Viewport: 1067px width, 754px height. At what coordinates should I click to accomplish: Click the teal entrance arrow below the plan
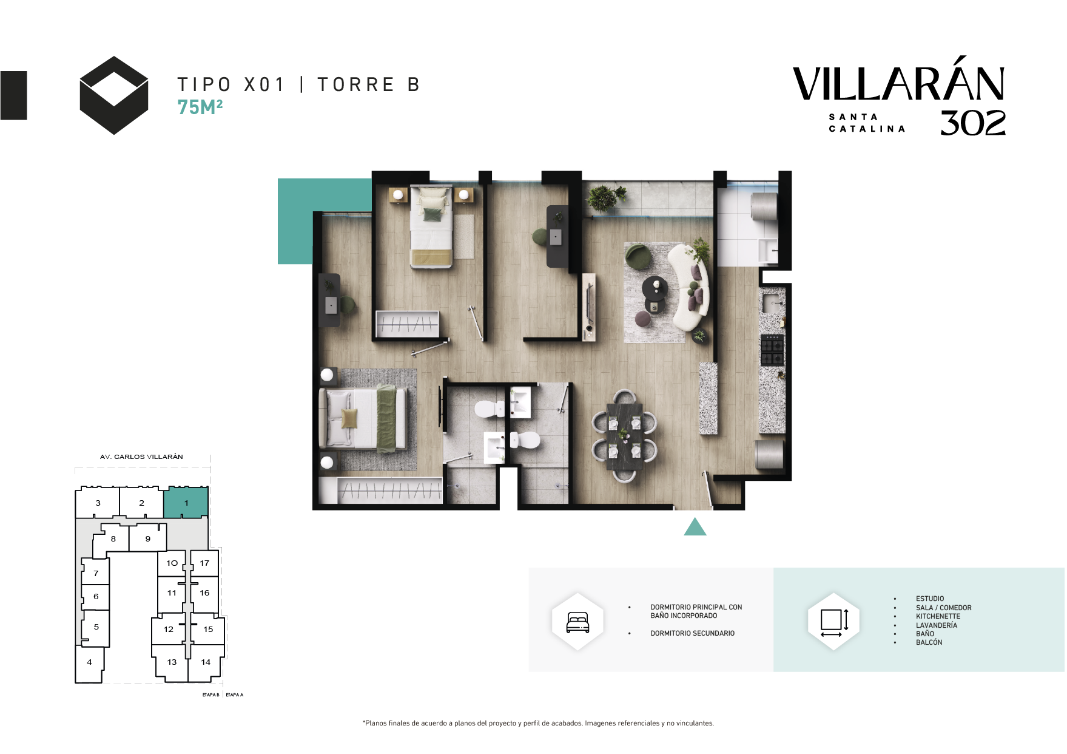click(695, 528)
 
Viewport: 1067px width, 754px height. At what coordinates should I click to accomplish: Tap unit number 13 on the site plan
click(172, 662)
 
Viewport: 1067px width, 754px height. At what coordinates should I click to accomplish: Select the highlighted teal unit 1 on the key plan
click(186, 503)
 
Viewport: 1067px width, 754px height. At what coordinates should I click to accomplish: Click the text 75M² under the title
click(200, 107)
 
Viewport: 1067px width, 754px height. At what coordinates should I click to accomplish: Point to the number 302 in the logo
click(973, 123)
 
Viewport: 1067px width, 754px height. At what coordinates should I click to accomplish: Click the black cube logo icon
click(114, 95)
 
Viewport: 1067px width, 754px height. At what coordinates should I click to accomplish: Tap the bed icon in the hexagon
click(577, 622)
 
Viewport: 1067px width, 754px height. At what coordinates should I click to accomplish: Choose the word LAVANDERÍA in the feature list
click(937, 625)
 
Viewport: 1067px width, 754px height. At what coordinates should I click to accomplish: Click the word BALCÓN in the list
click(929, 642)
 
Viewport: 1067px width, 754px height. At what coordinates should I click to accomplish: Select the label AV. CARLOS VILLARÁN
click(141, 457)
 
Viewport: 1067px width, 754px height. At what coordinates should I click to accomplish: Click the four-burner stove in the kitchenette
click(772, 350)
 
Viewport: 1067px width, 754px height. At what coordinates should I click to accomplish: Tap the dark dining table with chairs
click(625, 436)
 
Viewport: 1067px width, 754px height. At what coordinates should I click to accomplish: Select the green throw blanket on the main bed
click(386, 419)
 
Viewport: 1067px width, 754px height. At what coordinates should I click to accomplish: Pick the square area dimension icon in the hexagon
click(834, 622)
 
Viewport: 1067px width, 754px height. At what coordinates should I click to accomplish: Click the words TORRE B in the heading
click(369, 84)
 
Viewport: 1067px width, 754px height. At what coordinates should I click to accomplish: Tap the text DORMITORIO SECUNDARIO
click(692, 633)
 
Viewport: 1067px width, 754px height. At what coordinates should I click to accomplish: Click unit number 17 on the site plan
click(204, 563)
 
